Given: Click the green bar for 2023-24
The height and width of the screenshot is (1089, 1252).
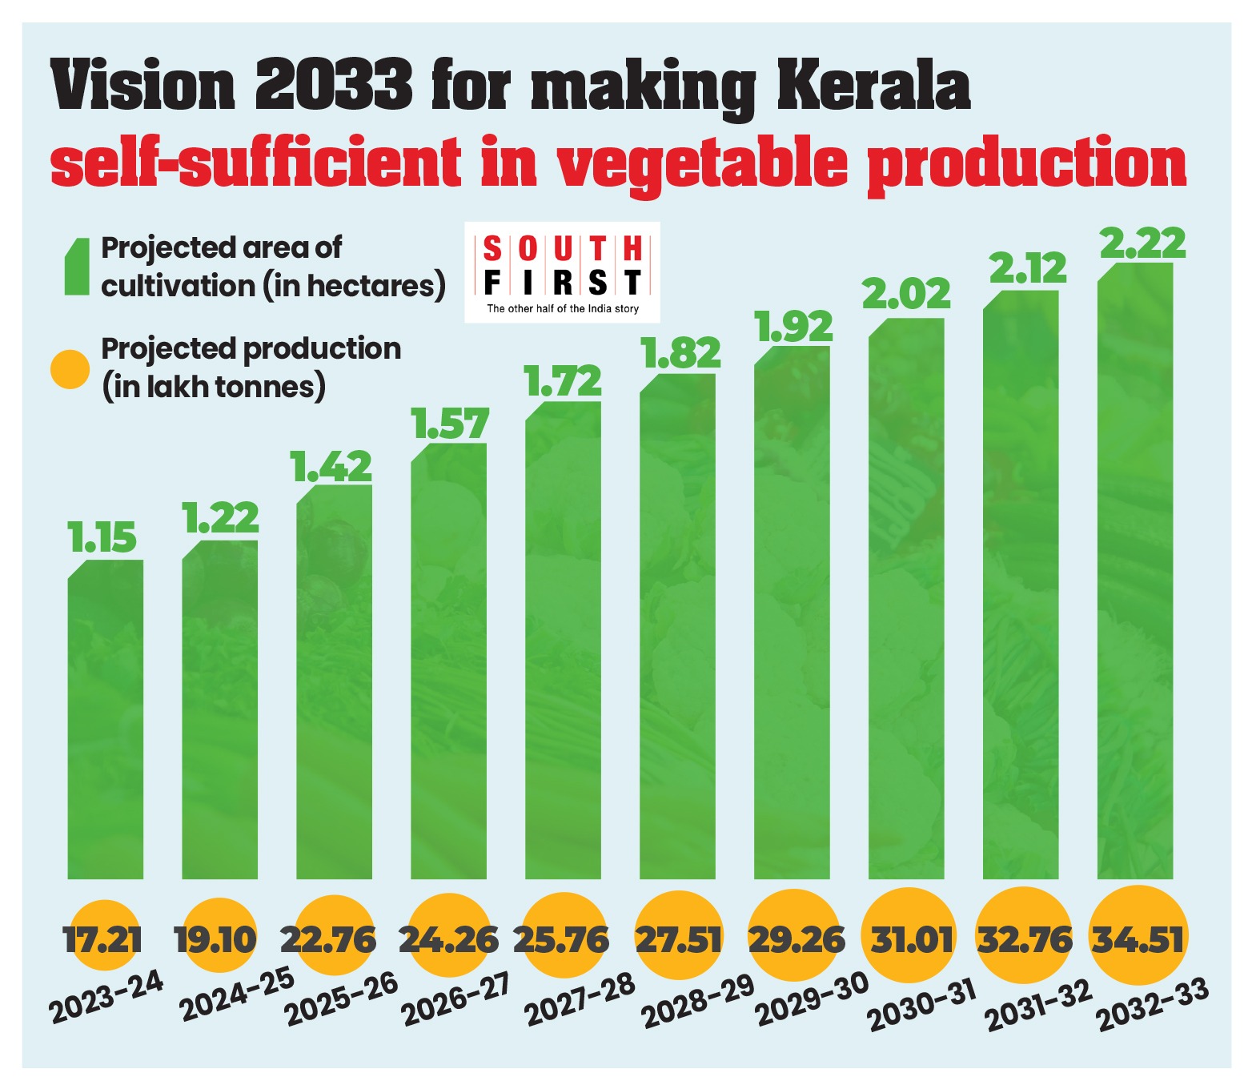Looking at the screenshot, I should [106, 721].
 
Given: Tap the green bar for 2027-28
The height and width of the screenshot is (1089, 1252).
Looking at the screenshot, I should [563, 641].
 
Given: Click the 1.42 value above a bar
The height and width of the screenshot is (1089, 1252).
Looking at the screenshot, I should [332, 468].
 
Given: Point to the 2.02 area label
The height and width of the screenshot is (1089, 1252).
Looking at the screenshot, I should [906, 295].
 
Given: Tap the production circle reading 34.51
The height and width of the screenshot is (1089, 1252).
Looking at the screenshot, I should [1138, 938].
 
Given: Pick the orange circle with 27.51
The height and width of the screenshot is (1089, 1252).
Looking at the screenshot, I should [678, 938].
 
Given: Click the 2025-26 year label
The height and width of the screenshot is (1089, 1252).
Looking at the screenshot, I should [342, 1000].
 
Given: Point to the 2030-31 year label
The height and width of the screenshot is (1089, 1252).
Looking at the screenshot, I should [923, 1006].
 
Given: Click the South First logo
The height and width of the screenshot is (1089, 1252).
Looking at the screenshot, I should [562, 272].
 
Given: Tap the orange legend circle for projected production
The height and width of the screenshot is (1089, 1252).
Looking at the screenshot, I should [70, 369].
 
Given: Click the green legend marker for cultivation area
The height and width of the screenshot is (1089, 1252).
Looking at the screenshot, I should [77, 267].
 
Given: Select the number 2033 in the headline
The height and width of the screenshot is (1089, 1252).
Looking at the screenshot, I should [334, 86].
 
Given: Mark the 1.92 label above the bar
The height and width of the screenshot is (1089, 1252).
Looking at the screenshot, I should [793, 327].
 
